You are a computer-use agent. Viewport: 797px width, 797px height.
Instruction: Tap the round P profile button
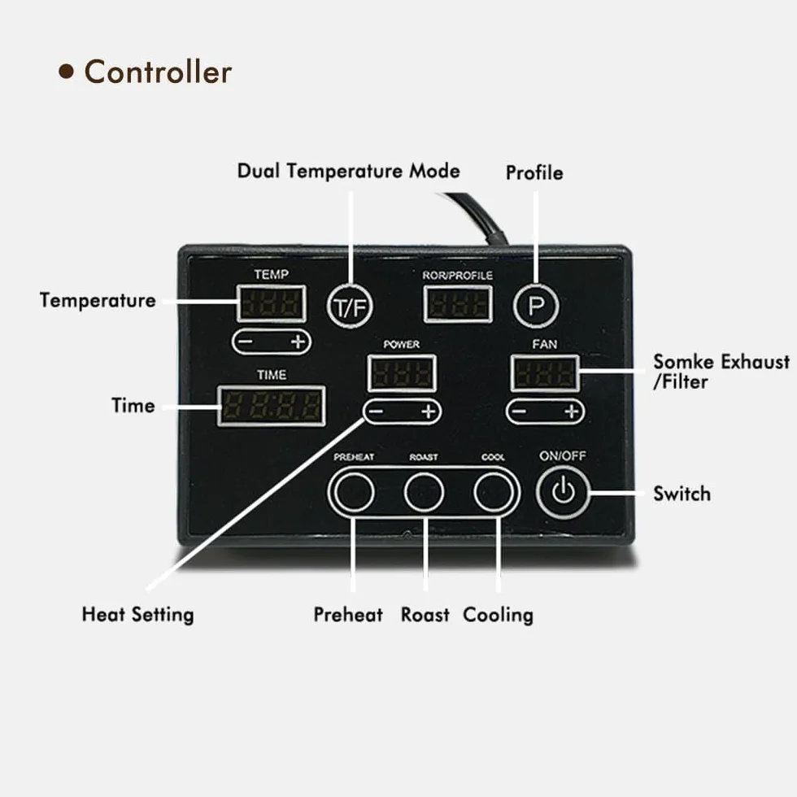pyautogui.click(x=536, y=306)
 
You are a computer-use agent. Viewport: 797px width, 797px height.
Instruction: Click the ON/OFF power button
pyautogui.click(x=563, y=492)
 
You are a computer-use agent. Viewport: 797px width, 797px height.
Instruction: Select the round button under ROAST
pyautogui.click(x=424, y=492)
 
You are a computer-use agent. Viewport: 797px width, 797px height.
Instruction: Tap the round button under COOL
pyautogui.click(x=494, y=492)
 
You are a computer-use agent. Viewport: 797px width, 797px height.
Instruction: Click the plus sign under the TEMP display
pyautogui.click(x=298, y=342)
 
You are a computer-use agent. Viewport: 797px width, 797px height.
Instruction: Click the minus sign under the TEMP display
pyautogui.click(x=245, y=342)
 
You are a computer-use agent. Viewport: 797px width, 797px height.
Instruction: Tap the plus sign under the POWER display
pyautogui.click(x=429, y=412)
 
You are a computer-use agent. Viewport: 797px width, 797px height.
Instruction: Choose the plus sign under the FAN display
pyautogui.click(x=572, y=412)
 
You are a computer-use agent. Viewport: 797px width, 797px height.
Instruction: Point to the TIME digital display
pyautogui.click(x=272, y=406)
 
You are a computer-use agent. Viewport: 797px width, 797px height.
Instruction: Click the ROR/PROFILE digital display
pyautogui.click(x=458, y=304)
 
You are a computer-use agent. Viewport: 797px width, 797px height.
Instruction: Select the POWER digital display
pyautogui.click(x=402, y=373)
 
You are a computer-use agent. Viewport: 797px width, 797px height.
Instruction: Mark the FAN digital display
pyautogui.click(x=545, y=373)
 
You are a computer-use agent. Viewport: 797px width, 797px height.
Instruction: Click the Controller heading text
pyautogui.click(x=158, y=72)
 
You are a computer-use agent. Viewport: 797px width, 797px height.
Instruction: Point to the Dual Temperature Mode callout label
pyautogui.click(x=349, y=171)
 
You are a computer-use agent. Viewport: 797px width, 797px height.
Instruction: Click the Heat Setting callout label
pyautogui.click(x=137, y=615)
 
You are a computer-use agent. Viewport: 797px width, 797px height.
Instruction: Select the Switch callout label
pyautogui.click(x=682, y=494)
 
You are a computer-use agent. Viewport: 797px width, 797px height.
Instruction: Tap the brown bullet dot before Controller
pyautogui.click(x=66, y=72)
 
